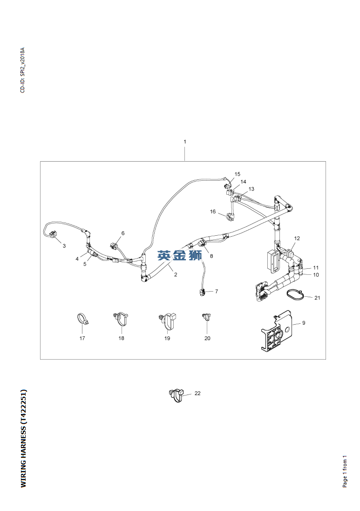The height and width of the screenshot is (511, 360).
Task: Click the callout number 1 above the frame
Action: click(x=185, y=142)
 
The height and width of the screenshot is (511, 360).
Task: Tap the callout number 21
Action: click(x=317, y=298)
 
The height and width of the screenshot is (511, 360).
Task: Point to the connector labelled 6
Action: click(x=114, y=245)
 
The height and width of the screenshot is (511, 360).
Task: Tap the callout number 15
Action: click(x=238, y=174)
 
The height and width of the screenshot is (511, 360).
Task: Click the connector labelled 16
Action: click(x=231, y=217)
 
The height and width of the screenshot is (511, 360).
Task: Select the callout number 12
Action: click(x=297, y=238)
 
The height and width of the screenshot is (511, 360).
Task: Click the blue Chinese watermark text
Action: click(x=179, y=255)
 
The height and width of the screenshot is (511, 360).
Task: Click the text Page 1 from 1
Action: click(x=345, y=471)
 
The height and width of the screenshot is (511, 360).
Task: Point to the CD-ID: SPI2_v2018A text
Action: click(x=22, y=70)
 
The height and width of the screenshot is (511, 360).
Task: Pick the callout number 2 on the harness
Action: click(x=176, y=275)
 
